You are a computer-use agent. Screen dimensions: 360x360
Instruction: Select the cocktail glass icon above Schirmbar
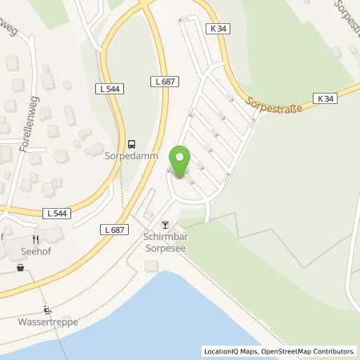[166, 226]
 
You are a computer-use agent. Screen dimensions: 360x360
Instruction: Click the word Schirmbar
[166, 238]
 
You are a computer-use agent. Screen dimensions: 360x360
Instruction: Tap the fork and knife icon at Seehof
[36, 239]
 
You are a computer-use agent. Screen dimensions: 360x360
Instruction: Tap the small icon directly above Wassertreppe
[47, 311]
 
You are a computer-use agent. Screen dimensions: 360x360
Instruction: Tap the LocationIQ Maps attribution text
[231, 351]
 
